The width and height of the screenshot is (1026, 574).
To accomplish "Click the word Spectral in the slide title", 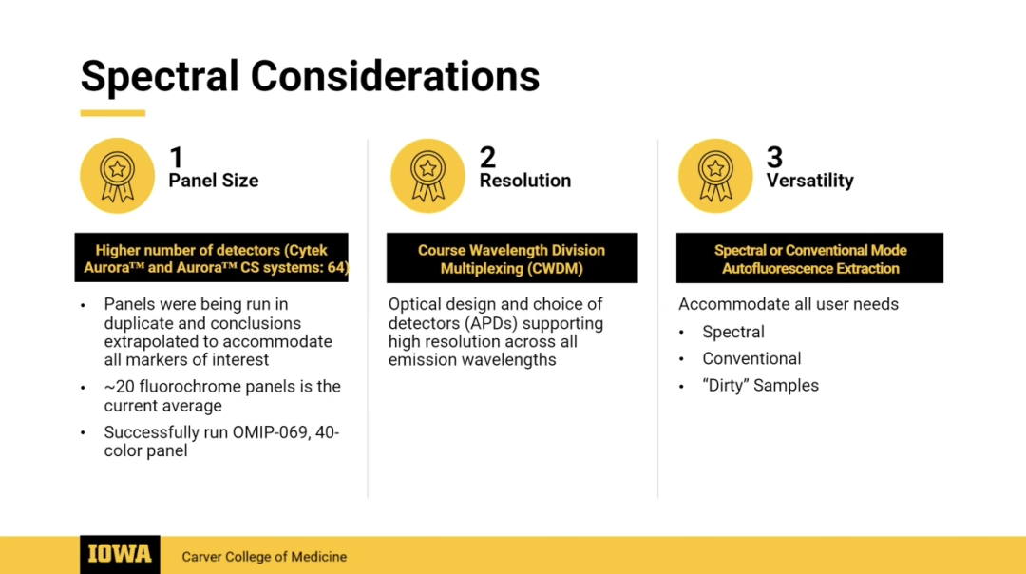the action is [159, 77].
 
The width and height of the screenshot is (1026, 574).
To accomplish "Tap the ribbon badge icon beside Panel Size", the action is [117, 176].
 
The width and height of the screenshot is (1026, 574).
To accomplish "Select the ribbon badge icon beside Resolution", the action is [427, 176].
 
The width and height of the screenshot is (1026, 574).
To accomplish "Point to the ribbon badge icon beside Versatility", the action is [715, 176].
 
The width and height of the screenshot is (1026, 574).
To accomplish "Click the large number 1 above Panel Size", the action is [176, 158].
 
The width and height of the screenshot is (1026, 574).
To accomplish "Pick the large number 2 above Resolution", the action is [487, 157].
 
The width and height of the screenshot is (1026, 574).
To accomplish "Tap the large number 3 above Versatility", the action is [775, 157].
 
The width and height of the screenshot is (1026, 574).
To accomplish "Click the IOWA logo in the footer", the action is [120, 555].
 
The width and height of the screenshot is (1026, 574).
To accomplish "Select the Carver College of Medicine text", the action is [264, 557].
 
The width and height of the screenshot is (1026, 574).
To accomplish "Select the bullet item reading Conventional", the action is [751, 358].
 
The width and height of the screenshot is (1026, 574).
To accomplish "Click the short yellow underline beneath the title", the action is [112, 113].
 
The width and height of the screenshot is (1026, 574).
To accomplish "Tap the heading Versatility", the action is [810, 181].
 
